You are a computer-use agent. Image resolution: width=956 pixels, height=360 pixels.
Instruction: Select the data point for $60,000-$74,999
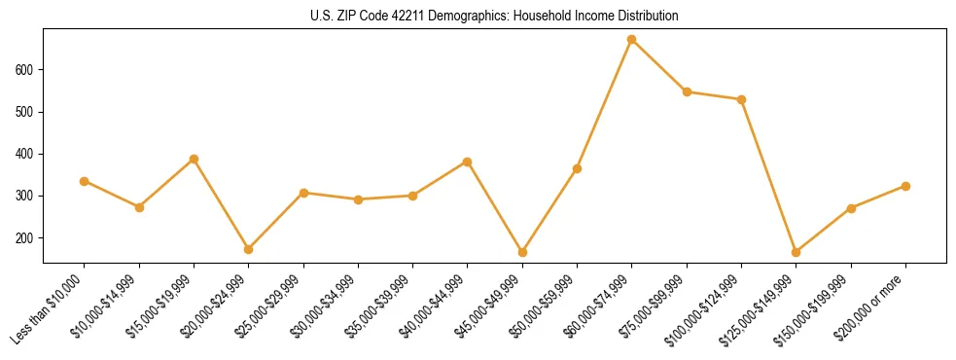[632, 40]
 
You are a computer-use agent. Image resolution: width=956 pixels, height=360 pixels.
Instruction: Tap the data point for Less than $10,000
[85, 181]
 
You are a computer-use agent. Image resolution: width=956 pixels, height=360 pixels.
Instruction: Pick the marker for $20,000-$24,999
[249, 249]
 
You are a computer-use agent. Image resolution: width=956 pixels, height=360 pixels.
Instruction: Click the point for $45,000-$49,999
[522, 252]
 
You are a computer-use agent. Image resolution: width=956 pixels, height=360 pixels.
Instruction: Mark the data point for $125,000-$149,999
[797, 252]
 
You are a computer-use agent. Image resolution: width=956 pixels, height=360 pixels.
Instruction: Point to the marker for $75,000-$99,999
[687, 91]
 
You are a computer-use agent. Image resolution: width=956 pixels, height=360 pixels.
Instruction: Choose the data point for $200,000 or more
[905, 186]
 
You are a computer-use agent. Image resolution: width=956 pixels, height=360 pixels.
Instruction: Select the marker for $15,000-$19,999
[194, 159]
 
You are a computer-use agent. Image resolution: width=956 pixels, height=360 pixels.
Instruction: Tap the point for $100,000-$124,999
[742, 99]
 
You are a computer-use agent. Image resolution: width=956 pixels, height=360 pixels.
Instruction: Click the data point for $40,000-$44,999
[468, 162]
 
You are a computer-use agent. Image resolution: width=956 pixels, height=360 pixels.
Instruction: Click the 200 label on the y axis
[29, 238]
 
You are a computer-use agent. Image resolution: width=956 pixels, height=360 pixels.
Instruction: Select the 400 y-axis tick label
[29, 154]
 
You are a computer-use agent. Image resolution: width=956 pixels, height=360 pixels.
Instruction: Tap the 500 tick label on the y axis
[29, 112]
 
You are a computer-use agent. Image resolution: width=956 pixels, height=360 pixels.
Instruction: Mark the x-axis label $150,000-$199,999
[816, 310]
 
